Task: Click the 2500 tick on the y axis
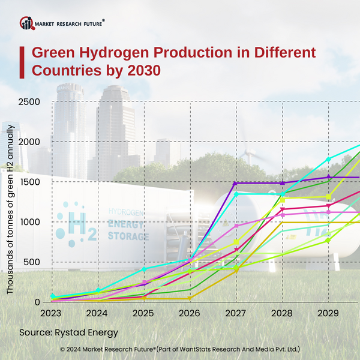pyautogui.click(x=28, y=101)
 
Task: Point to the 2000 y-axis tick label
pyautogui.click(x=28, y=142)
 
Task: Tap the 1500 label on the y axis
pyautogui.click(x=28, y=182)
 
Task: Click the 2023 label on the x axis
pyautogui.click(x=51, y=313)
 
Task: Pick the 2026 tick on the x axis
pyautogui.click(x=190, y=313)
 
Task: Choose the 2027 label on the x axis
pyautogui.click(x=236, y=313)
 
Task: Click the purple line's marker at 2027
pyautogui.click(x=236, y=183)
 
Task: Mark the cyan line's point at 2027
pyautogui.click(x=236, y=194)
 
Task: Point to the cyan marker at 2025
pyautogui.click(x=143, y=269)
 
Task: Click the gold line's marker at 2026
pyautogui.click(x=190, y=298)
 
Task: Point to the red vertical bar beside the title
pyautogui.click(x=22, y=61)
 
